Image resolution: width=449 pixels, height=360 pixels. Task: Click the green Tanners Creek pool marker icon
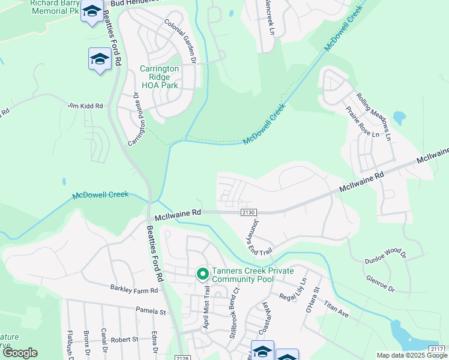coord(203,274)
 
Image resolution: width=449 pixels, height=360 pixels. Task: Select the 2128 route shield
coord(184,358)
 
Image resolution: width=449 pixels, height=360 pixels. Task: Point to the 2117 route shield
coord(438,349)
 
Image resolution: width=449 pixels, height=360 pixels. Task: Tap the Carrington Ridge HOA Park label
coord(159,77)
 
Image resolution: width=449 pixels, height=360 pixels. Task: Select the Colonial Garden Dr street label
coord(181,41)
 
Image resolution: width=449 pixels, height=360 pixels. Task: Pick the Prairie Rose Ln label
coord(363,122)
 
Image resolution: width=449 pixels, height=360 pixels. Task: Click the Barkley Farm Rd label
coord(134,289)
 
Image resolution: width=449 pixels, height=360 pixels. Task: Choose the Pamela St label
coord(151,312)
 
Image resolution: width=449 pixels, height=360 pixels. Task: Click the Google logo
coord(19,353)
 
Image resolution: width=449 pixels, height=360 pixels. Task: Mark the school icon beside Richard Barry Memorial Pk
coord(92,12)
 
